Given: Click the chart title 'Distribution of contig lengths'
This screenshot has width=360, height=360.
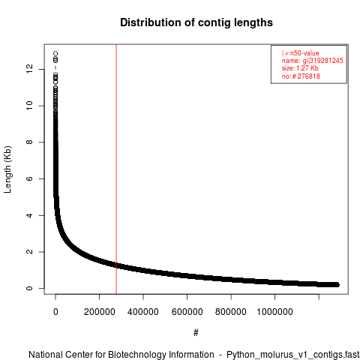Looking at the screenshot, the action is (x=196, y=22).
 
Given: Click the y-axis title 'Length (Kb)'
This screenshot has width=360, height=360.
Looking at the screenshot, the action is (x=7, y=169).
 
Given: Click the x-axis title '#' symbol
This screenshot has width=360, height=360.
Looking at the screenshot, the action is (x=196, y=333).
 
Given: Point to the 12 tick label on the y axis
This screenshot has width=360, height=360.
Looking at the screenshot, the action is (x=29, y=69).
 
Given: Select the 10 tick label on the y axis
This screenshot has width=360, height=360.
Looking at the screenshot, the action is (x=29, y=106).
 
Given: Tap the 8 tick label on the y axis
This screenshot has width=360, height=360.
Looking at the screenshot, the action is (x=29, y=142).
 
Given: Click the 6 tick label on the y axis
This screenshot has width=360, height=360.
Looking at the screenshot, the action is (x=29, y=178).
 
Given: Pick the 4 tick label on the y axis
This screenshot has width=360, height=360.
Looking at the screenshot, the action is (x=29, y=215).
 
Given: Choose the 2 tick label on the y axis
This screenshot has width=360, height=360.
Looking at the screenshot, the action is (x=29, y=252).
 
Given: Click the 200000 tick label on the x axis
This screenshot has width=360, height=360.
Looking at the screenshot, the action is (x=100, y=312).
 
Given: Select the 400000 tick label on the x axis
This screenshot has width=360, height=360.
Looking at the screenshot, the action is (x=143, y=312).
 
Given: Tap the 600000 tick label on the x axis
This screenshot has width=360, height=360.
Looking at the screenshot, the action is (x=187, y=312).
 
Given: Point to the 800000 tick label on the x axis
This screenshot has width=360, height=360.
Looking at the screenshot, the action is (x=231, y=312).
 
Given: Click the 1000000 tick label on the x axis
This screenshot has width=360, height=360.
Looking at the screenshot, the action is (x=274, y=312).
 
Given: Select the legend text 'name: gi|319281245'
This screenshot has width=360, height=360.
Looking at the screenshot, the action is (x=313, y=61).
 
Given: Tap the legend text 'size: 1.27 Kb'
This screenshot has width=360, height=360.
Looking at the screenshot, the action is (x=300, y=68).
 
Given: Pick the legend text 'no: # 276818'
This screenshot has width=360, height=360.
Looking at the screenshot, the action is (x=301, y=76).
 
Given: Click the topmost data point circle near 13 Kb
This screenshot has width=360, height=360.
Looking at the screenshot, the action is (x=55, y=53).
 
